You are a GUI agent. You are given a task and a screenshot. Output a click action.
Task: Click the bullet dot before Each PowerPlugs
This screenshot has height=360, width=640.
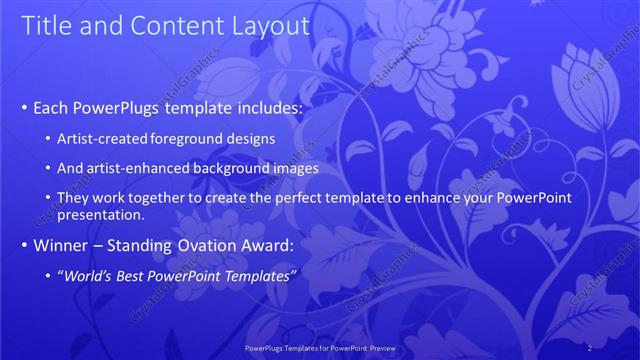(24, 107)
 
